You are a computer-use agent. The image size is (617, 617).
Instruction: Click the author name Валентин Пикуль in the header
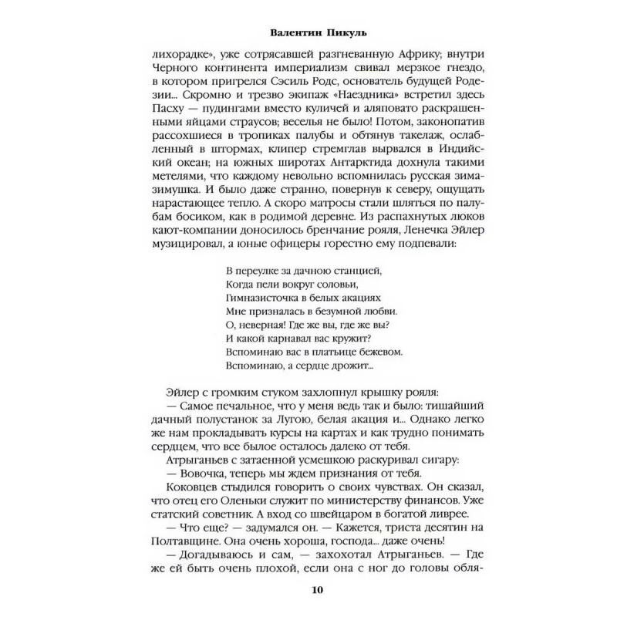pyautogui.click(x=307, y=34)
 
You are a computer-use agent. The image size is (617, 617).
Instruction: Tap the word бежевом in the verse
pyautogui.click(x=372, y=351)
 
